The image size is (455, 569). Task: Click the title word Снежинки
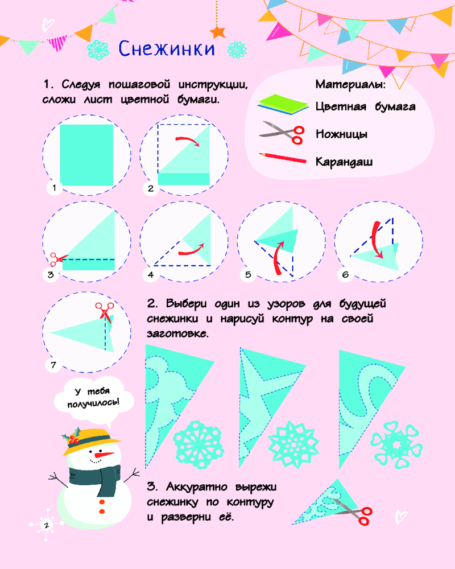click(167, 48)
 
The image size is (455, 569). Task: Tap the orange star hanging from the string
click(218, 32)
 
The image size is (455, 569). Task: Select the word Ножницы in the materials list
click(341, 134)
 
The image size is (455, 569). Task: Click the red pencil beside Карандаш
click(283, 158)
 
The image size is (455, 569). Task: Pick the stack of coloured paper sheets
click(283, 105)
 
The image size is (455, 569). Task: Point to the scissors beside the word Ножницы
click(282, 133)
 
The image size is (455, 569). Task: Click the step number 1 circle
click(54, 188)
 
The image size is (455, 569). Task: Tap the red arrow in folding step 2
click(188, 141)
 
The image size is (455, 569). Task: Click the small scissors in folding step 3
click(57, 259)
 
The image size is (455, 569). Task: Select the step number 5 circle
click(248, 275)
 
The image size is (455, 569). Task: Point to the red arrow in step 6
click(377, 240)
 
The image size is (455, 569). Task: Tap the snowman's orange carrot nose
click(104, 455)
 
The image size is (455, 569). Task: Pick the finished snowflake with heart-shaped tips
click(396, 444)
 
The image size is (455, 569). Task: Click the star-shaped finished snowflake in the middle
click(293, 444)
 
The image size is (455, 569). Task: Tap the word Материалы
click(350, 85)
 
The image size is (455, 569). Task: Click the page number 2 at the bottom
click(46, 525)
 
